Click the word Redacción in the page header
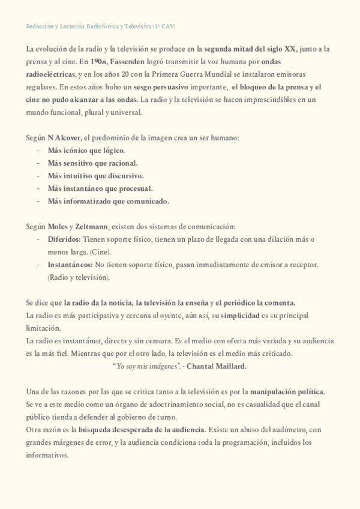tap(40, 27)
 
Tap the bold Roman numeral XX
tap(291, 50)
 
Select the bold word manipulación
tap(275, 391)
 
